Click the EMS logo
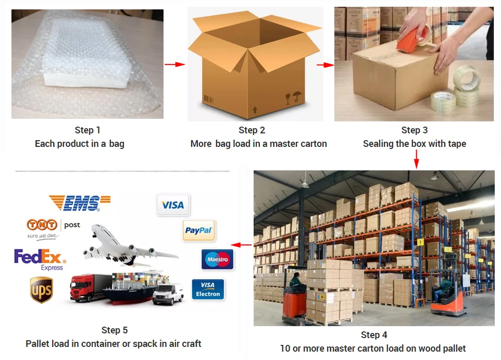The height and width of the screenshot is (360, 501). pos(80,203)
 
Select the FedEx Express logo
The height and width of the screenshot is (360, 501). pos(41,259)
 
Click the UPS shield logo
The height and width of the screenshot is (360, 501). pos(41,290)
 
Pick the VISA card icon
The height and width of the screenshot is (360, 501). pos(173,205)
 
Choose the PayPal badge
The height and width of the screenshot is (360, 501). pos(199,230)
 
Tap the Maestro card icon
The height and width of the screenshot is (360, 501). pos(217,259)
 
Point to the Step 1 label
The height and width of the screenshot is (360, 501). pos(87,130)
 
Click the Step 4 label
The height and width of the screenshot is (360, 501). pos(374,335)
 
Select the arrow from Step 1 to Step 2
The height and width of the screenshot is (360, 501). pos(175,65)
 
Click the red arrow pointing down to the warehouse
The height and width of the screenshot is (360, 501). pos(416,159)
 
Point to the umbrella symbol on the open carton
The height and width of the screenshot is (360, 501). pos(297,97)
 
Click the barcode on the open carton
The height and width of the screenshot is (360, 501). pos(208,98)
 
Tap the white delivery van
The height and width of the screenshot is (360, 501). pos(168,293)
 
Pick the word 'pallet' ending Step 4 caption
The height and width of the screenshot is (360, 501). pos(453,349)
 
